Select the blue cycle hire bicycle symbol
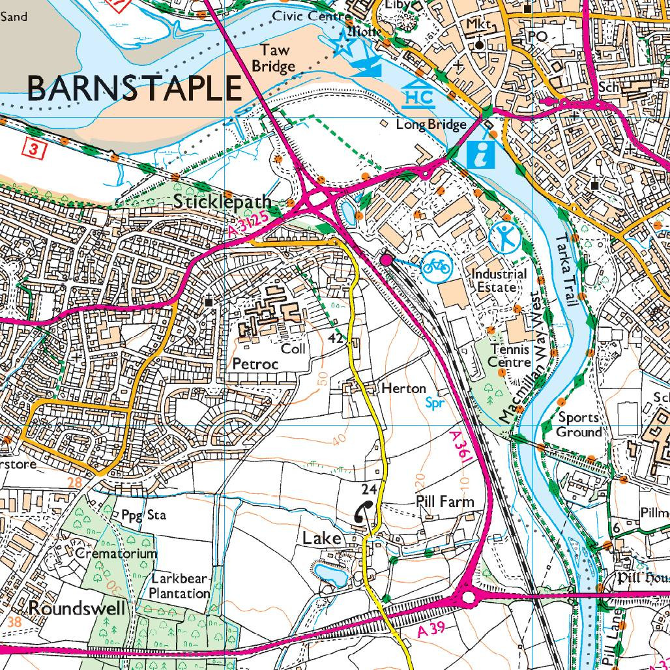point(437,266)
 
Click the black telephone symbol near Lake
point(362,512)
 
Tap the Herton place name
point(403,388)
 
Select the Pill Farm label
point(444,502)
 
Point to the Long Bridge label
point(431,124)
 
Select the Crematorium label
point(115,553)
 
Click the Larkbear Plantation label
point(181,586)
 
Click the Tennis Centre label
point(510,357)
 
